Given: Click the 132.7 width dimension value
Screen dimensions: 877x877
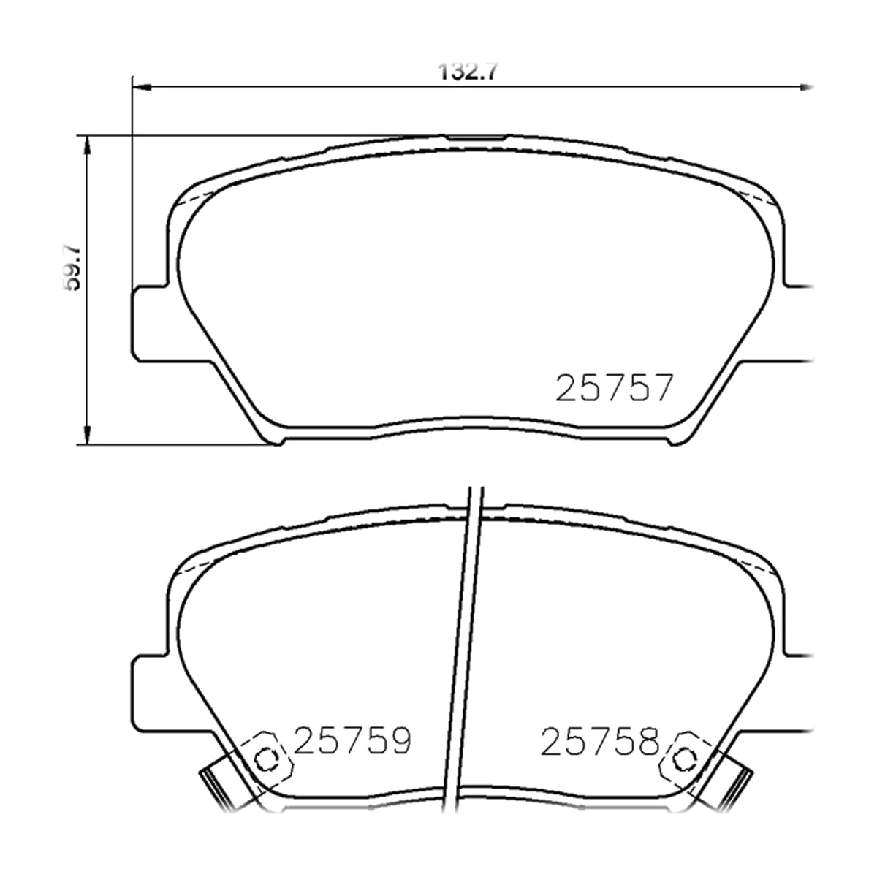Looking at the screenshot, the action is click(x=468, y=72).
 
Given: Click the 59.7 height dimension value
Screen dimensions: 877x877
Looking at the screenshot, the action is click(x=72, y=268).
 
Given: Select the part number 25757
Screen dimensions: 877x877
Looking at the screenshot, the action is click(x=613, y=388).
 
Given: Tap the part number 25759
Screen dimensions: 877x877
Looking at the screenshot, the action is click(x=353, y=740).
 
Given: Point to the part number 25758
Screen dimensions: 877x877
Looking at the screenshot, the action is click(x=600, y=741).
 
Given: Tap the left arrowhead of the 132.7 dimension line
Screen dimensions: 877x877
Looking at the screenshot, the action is click(x=141, y=87).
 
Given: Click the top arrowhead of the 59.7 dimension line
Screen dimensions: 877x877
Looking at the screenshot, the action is click(x=87, y=145).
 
